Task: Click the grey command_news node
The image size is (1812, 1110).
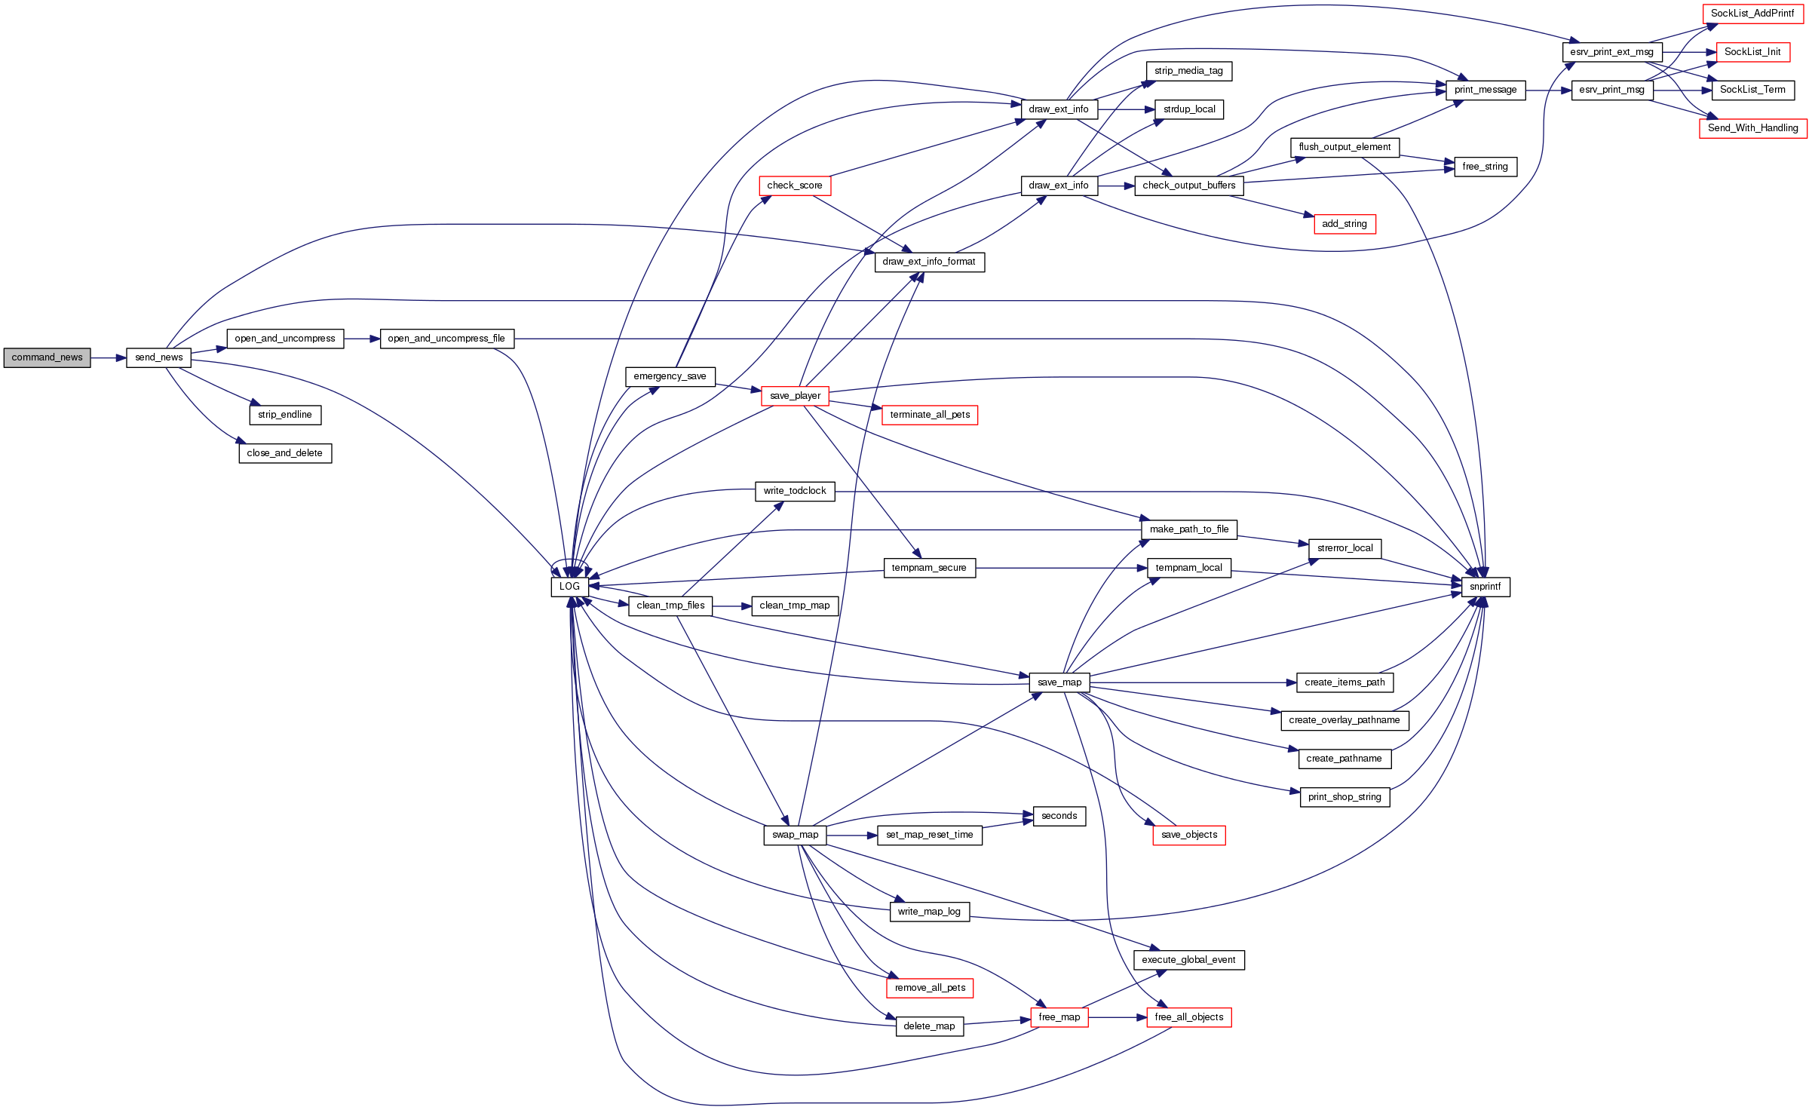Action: click(x=47, y=357)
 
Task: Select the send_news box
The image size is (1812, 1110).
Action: click(x=158, y=357)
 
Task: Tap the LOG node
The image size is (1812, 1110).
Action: click(x=569, y=587)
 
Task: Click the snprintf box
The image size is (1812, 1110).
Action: click(x=1485, y=587)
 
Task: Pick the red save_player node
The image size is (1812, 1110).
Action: click(x=795, y=396)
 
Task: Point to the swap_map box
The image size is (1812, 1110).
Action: click(x=795, y=835)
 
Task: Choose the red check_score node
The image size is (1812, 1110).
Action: click(x=794, y=186)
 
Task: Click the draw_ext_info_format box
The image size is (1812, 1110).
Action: click(x=929, y=262)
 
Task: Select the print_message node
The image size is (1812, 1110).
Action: click(x=1485, y=90)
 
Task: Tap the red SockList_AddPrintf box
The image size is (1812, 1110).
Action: click(x=1752, y=14)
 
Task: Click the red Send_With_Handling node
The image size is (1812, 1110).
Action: click(x=1752, y=128)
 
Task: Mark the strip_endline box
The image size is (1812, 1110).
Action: click(x=285, y=415)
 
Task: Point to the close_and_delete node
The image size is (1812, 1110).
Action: click(x=285, y=453)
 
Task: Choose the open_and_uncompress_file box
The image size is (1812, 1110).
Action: click(x=446, y=339)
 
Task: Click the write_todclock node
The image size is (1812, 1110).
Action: click(x=795, y=491)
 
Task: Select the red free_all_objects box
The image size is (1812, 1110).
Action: click(x=1188, y=1017)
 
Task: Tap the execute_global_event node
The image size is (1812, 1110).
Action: click(x=1188, y=960)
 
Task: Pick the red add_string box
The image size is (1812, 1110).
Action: click(x=1344, y=224)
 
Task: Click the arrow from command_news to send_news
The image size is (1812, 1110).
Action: click(x=108, y=357)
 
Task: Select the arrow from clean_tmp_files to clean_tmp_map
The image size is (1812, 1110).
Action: click(x=731, y=606)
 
